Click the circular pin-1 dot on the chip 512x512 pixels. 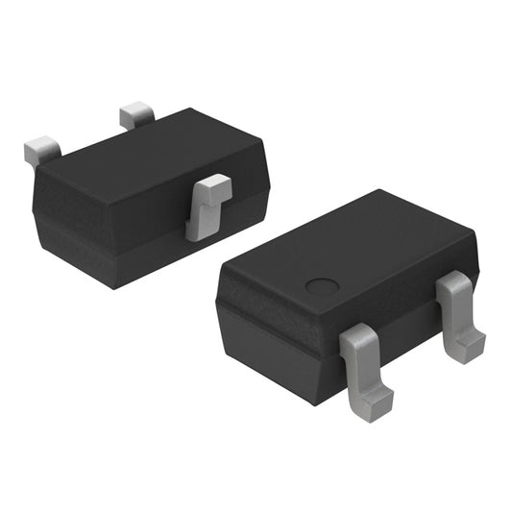322,286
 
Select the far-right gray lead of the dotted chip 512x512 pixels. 458,315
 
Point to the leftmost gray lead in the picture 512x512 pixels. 41,148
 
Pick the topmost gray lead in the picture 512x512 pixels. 136,115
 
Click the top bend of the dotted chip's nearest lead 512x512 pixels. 357,336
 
